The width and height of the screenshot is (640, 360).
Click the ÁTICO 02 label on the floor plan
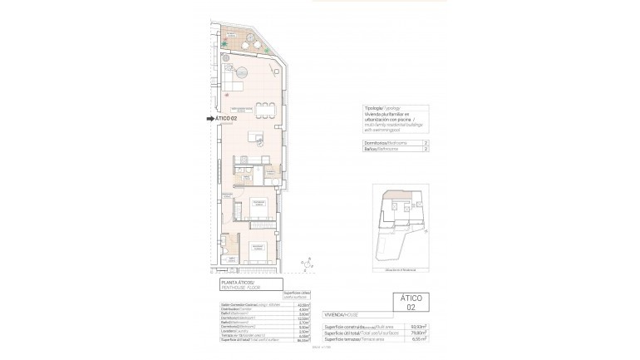(226, 119)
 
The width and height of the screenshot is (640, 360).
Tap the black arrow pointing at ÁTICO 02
(209, 119)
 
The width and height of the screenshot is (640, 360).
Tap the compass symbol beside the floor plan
(308, 265)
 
